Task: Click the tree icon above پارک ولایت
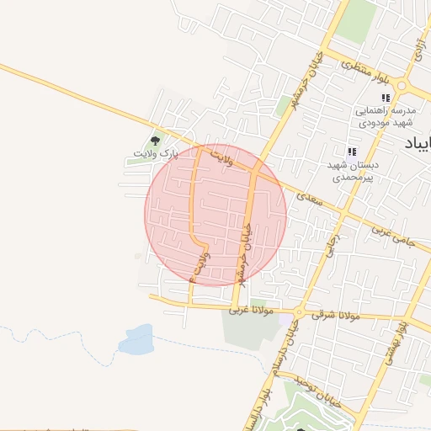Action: [x=155, y=140]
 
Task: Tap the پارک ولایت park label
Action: [x=157, y=154]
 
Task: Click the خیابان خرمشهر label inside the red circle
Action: [x=246, y=249]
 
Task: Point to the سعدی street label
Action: [x=309, y=199]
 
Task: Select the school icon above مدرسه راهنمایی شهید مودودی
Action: [x=386, y=98]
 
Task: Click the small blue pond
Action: [x=136, y=339]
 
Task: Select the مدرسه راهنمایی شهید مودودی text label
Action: [x=386, y=117]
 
